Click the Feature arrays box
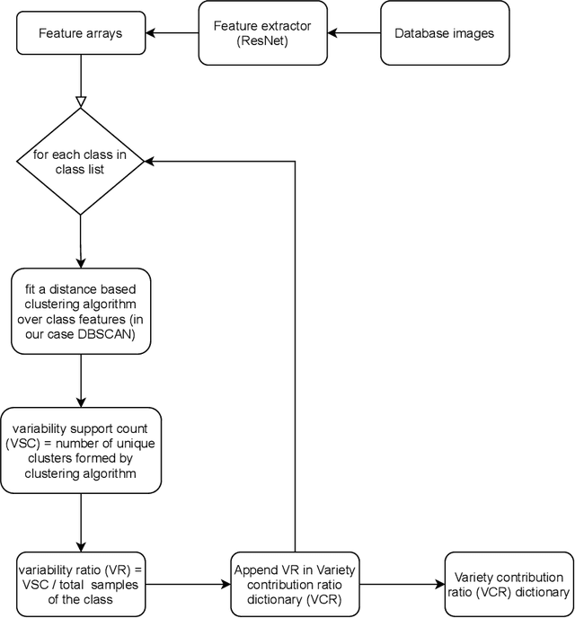pyautogui.click(x=81, y=34)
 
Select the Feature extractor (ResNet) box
pyautogui.click(x=261, y=34)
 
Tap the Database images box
pyautogui.click(x=444, y=34)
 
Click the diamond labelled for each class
pyautogui.click(x=81, y=162)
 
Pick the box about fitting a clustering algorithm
pyautogui.click(x=81, y=309)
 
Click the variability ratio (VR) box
pyautogui.click(x=81, y=584)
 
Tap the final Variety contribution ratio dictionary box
pyautogui.click(x=508, y=584)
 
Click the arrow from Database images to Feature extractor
pyautogui.click(x=353, y=34)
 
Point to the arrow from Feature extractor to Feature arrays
pyautogui.click(x=172, y=34)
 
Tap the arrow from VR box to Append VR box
pyautogui.click(x=189, y=584)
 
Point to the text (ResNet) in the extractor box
pyautogui.click(x=261, y=42)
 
